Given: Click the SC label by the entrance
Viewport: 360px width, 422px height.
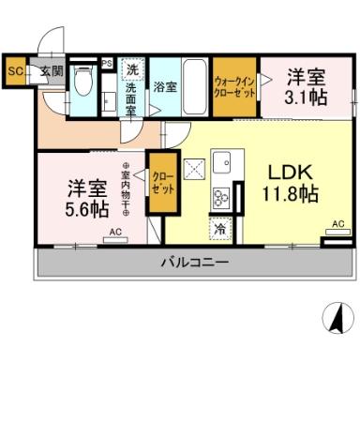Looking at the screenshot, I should pyautogui.click(x=15, y=69).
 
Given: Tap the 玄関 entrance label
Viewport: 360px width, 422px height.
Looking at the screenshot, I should pyautogui.click(x=51, y=70).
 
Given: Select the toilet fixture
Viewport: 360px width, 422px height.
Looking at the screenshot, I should pyautogui.click(x=82, y=88).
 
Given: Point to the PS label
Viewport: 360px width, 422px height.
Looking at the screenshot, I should pyautogui.click(x=107, y=64).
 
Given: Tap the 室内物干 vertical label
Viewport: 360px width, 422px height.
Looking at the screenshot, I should pyautogui.click(x=125, y=188).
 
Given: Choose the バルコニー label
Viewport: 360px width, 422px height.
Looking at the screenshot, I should pyautogui.click(x=194, y=262).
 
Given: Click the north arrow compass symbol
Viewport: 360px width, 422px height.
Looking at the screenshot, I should pyautogui.click(x=333, y=319).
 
